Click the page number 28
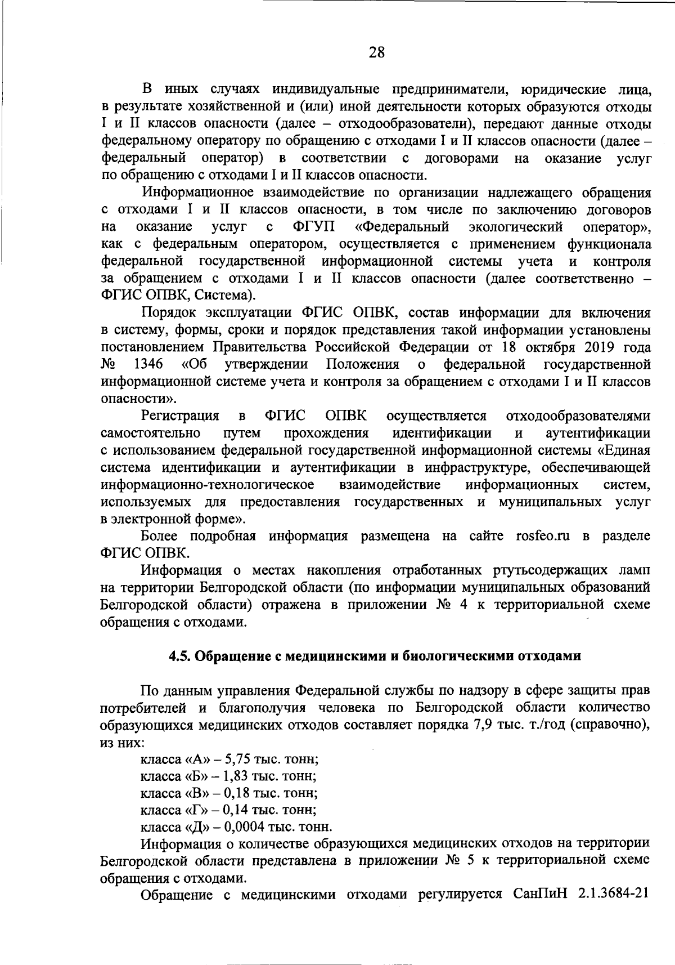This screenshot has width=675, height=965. pos(376,53)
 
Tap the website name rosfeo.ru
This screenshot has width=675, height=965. pos(542,536)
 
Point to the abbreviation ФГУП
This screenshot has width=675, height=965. pos(312,227)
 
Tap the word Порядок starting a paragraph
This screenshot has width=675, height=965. pos(168,312)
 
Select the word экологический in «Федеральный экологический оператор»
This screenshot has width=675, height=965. pos(516,227)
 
